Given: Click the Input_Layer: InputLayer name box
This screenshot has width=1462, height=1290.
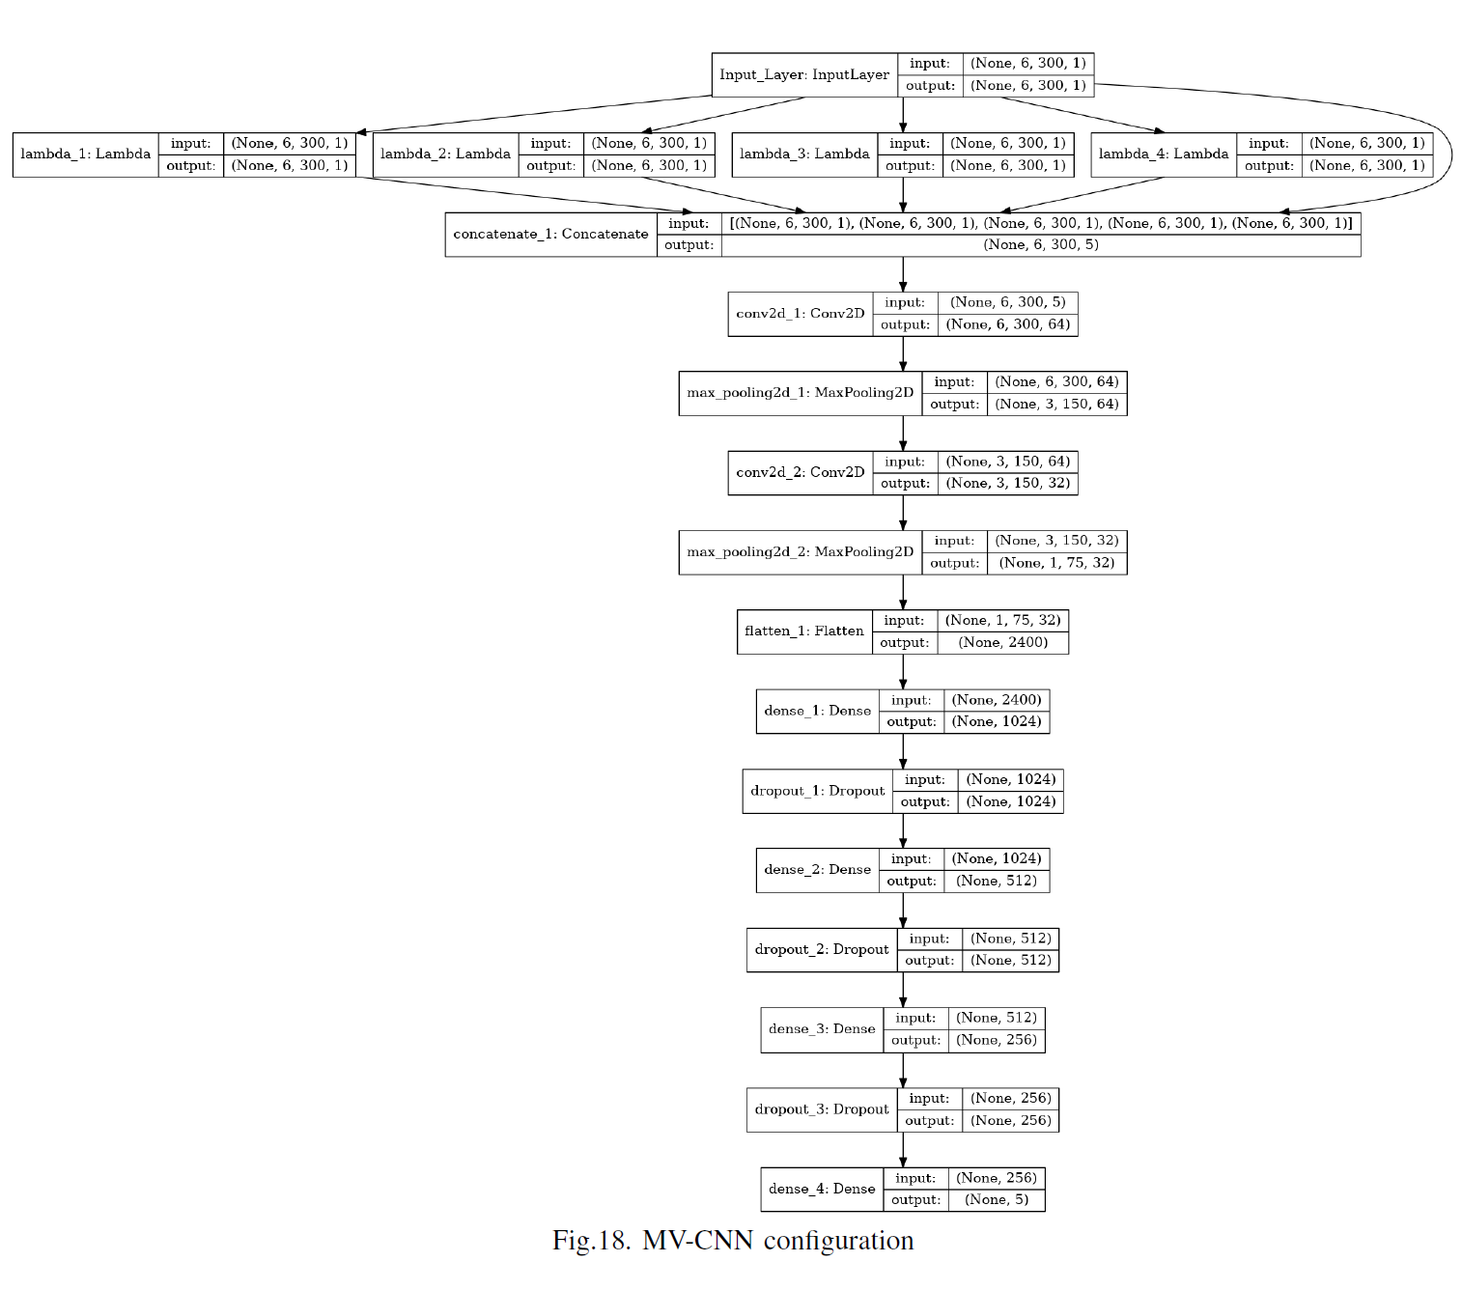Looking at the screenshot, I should pos(804,74).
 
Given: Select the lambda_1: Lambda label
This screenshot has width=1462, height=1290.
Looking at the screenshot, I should pos(85,154).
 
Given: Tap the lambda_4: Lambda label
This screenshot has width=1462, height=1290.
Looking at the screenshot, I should pos(1163,154).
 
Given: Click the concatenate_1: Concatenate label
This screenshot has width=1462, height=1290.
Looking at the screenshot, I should pos(550,234).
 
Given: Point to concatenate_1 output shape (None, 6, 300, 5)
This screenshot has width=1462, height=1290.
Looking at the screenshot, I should pos(1041,245).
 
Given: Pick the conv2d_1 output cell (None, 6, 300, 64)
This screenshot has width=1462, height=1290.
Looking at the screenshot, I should pos(1008,324).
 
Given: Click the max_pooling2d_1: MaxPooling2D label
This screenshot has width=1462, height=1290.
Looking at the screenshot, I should pos(800,393).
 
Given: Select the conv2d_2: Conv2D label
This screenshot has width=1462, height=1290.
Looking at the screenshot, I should pos(800,472).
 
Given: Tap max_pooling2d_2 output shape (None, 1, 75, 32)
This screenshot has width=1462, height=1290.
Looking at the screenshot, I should pos(1056,563).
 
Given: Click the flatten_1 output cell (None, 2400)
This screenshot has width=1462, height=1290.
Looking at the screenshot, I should pos(1002,642).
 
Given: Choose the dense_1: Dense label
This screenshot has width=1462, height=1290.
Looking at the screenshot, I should pos(817,711).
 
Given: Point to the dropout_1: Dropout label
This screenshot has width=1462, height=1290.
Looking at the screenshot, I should pos(817,791).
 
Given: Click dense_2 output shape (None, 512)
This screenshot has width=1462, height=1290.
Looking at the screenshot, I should pos(996,881).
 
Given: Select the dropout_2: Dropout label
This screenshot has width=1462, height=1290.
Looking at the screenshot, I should pos(821,949).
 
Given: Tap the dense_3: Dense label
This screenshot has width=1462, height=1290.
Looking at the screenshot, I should pos(821,1029).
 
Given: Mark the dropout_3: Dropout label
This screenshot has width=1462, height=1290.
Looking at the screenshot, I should pos(821,1109).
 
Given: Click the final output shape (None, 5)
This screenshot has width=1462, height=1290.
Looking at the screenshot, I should pos(996,1200).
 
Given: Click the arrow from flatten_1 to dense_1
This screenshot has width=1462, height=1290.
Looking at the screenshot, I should pos(903,671).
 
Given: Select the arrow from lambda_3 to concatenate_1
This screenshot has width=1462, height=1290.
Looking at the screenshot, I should pos(903,194).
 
